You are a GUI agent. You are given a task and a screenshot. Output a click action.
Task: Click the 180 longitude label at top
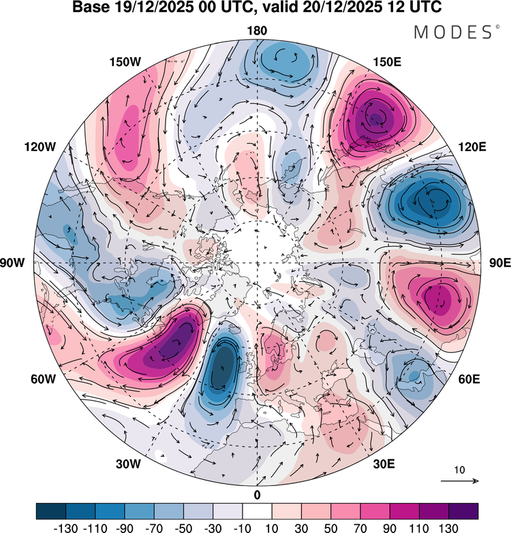tap(258, 30)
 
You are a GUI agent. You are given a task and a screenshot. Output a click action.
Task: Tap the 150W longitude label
tap(125, 62)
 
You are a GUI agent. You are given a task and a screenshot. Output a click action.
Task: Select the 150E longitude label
tap(388, 62)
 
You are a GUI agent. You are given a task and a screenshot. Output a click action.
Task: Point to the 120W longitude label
tap(40, 147)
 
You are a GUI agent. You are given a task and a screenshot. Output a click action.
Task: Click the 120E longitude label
tap(472, 147)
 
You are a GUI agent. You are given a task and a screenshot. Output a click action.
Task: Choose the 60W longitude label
tap(42, 379)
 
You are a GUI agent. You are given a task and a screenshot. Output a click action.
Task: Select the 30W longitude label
tap(127, 464)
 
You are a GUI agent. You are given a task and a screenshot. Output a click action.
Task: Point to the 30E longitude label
tap(384, 464)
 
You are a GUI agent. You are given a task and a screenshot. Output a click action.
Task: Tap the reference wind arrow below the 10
tap(459, 481)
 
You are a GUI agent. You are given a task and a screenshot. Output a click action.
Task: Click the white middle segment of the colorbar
tap(257, 510)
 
